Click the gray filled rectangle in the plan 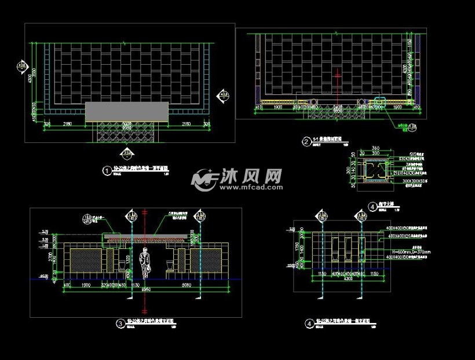[126, 111]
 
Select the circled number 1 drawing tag [106, 171]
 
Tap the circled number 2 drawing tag [305, 141]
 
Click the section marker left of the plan [23, 68]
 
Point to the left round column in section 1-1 [313, 102]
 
